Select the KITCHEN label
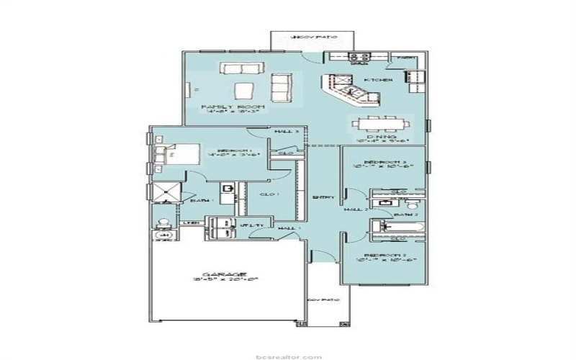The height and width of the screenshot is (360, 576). click(377, 80)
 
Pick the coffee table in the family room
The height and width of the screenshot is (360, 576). click(244, 90)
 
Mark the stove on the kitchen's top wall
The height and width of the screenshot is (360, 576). click(358, 58)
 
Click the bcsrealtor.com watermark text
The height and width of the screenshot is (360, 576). click(288, 355)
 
